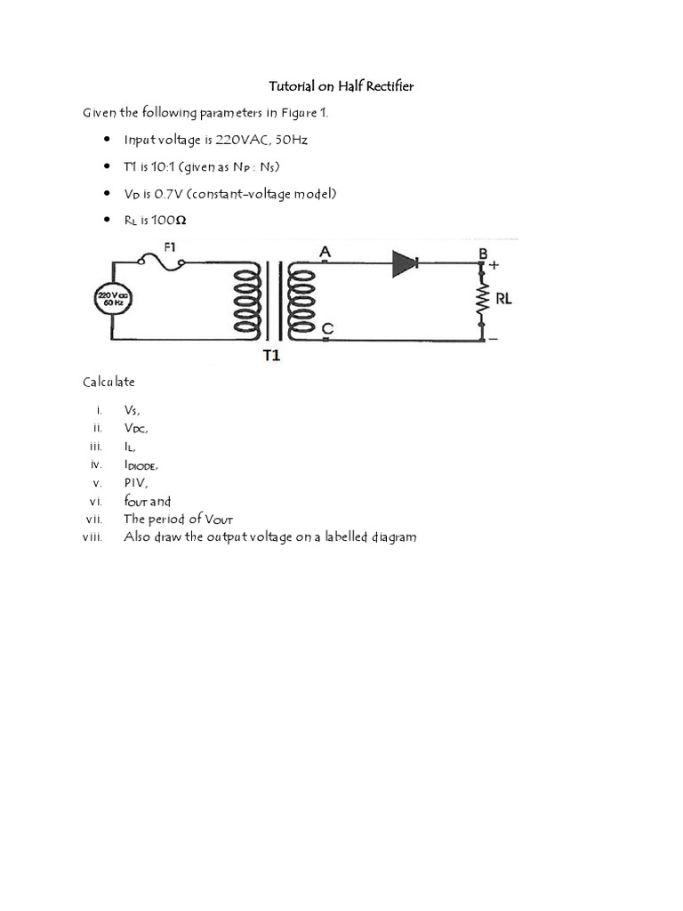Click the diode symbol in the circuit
click(x=406, y=262)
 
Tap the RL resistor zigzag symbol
click(x=481, y=301)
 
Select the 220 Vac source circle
click(x=112, y=300)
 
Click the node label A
click(x=325, y=253)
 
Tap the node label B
click(x=483, y=254)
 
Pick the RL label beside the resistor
click(x=503, y=300)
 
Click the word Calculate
click(x=108, y=381)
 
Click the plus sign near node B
click(x=494, y=265)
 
